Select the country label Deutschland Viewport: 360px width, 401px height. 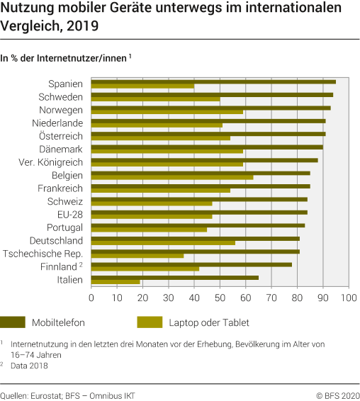(55, 241)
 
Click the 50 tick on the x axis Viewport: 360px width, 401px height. (220, 299)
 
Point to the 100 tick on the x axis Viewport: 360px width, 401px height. (348, 299)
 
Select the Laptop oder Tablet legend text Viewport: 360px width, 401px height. (208, 323)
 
